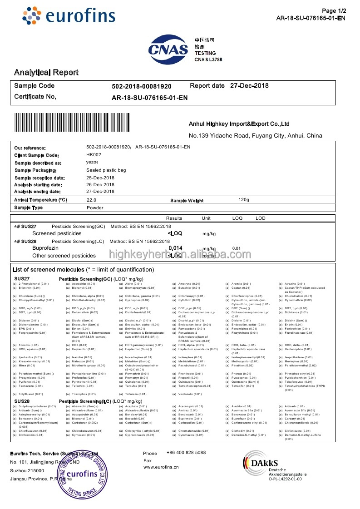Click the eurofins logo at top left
point(69,16)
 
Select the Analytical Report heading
point(46,72)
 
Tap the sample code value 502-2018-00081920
point(142,86)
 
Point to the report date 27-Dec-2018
point(249,86)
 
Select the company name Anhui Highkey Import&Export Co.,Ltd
point(239,124)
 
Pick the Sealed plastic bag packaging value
point(106,170)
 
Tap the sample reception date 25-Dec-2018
point(100,178)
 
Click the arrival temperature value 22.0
point(91,200)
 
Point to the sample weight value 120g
point(244,200)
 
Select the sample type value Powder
point(95,208)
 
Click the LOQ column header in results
point(237,218)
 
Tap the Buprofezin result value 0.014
point(175,248)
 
